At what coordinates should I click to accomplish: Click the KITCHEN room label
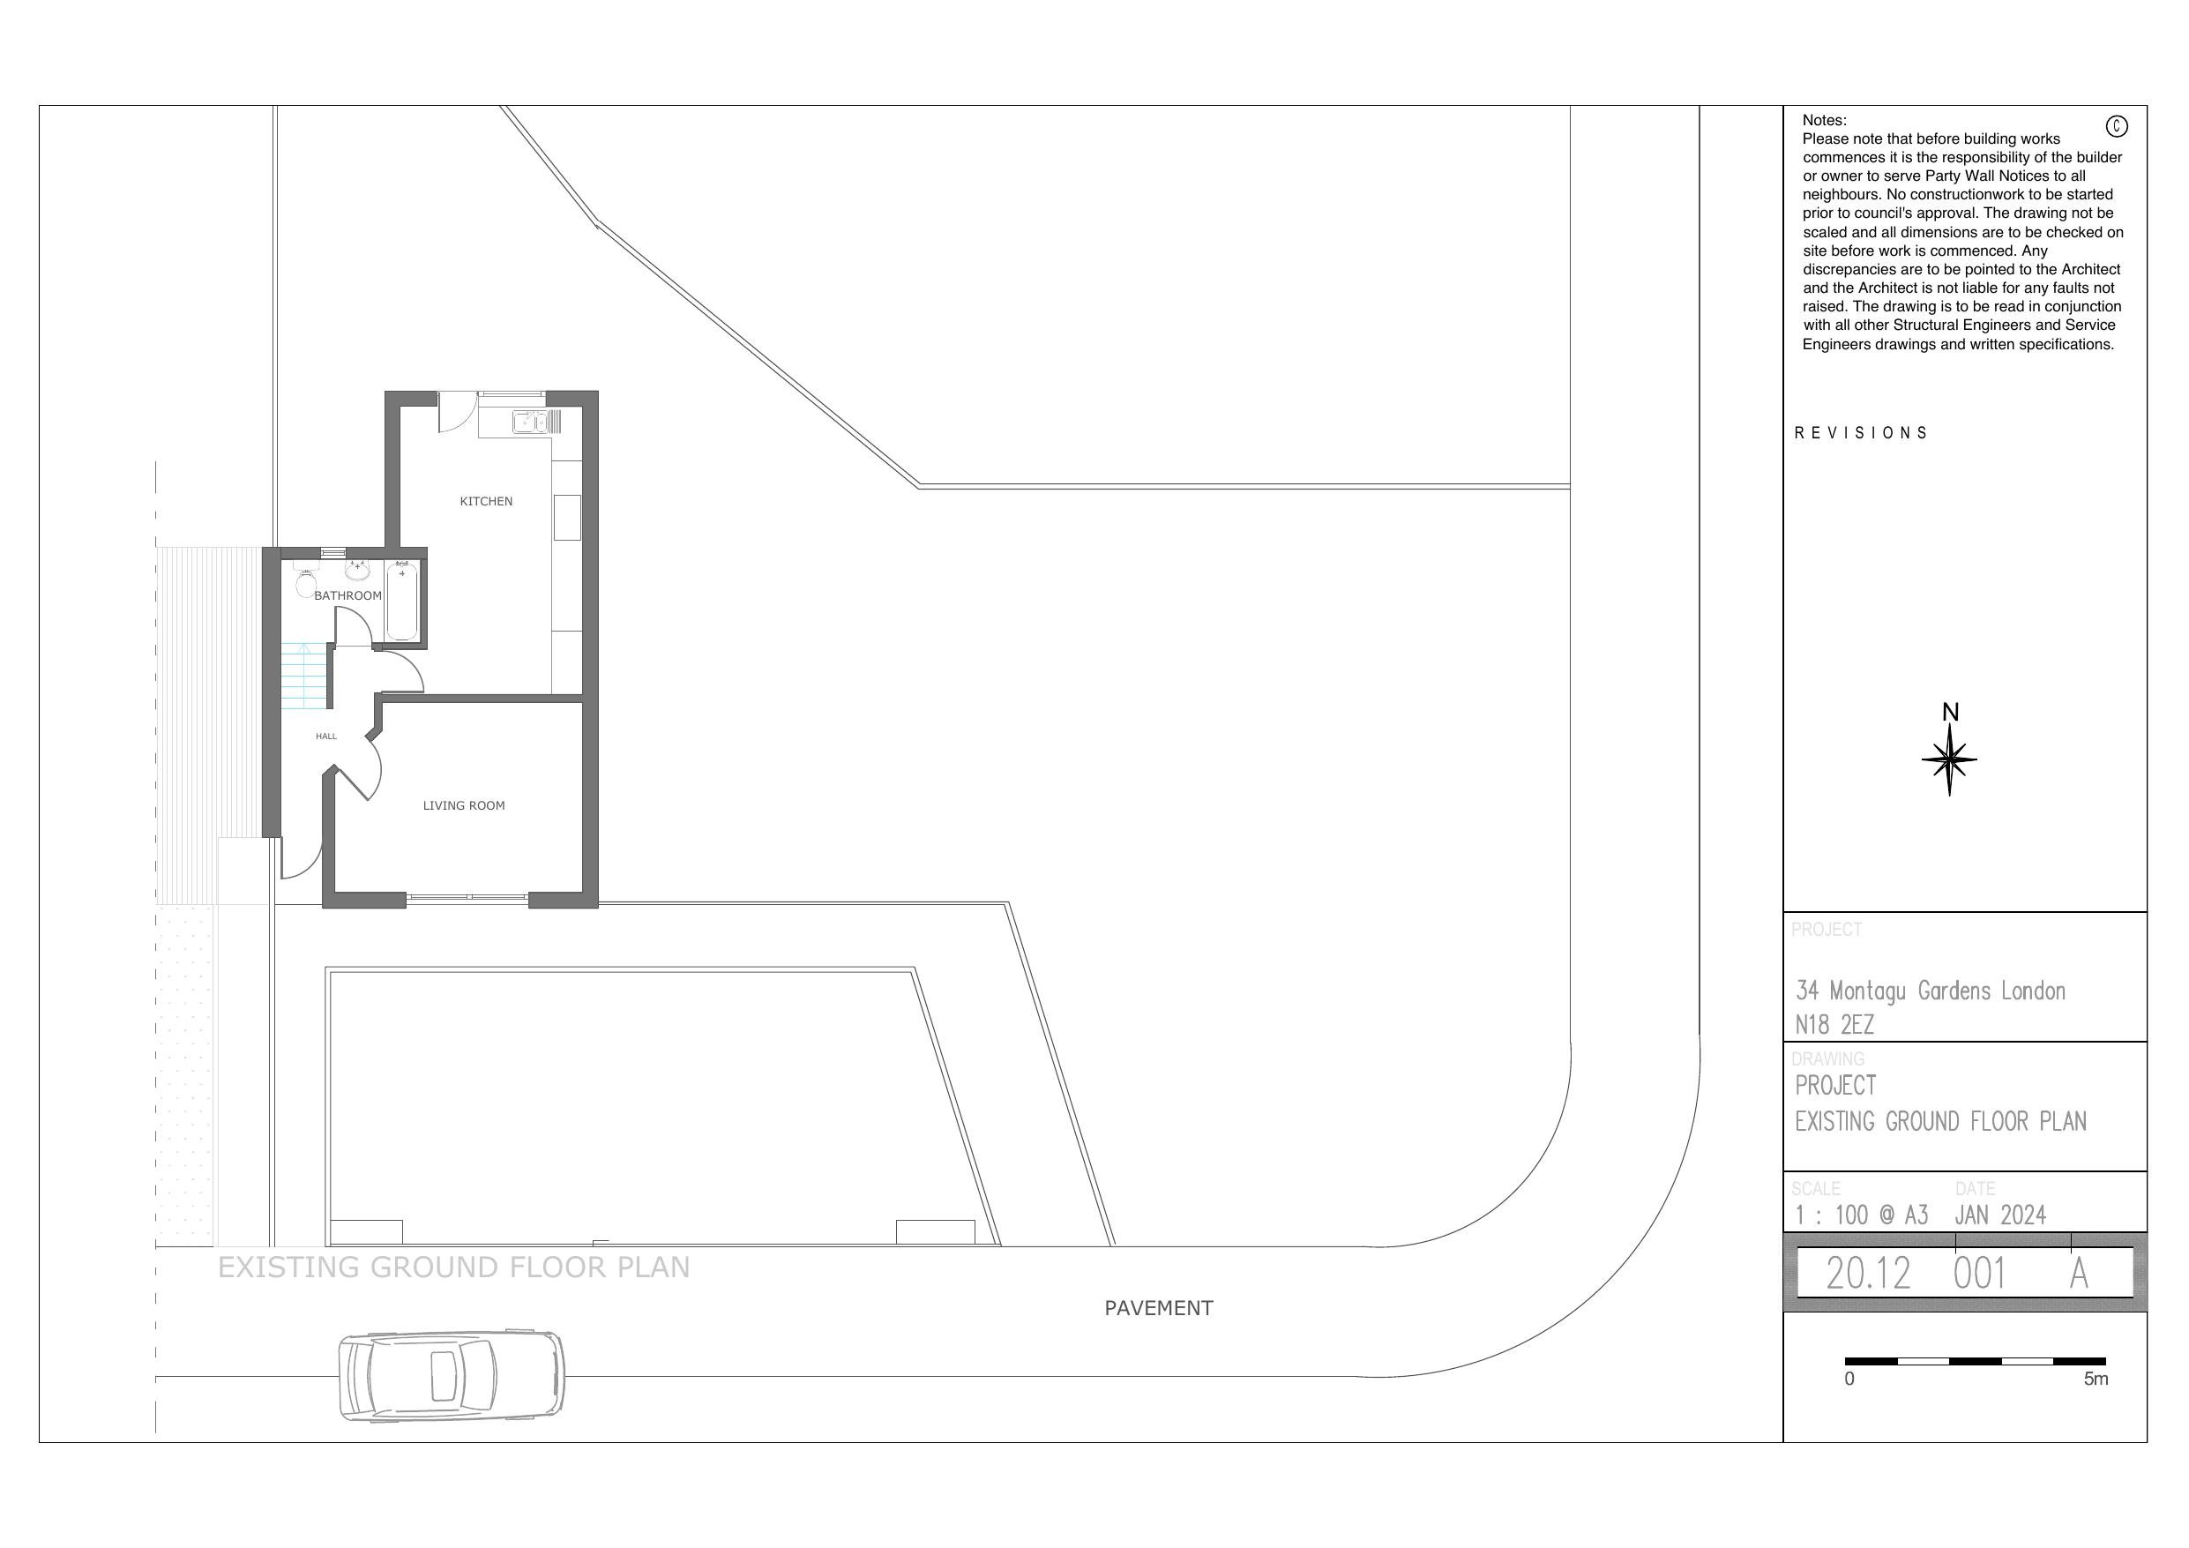coord(485,501)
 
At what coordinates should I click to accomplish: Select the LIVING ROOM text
coord(463,805)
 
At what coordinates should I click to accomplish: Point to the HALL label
coord(326,737)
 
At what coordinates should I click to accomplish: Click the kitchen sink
coord(529,422)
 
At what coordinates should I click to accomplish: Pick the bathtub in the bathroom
coord(401,600)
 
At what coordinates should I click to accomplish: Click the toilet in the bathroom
coord(306,581)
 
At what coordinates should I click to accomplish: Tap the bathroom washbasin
coord(356,571)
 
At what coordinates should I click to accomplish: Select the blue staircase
coord(304,676)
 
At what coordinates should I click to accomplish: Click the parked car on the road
coord(451,1376)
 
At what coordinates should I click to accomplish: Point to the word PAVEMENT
coord(1157,1308)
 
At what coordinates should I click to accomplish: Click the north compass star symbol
coord(1949,759)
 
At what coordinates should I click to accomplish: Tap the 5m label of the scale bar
coord(2096,1380)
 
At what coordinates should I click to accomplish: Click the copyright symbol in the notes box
coord(2116,126)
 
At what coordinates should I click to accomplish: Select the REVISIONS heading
coord(1860,433)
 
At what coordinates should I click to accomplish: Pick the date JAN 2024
coord(1999,1215)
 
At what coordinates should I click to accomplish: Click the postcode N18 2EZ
coord(1834,1025)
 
